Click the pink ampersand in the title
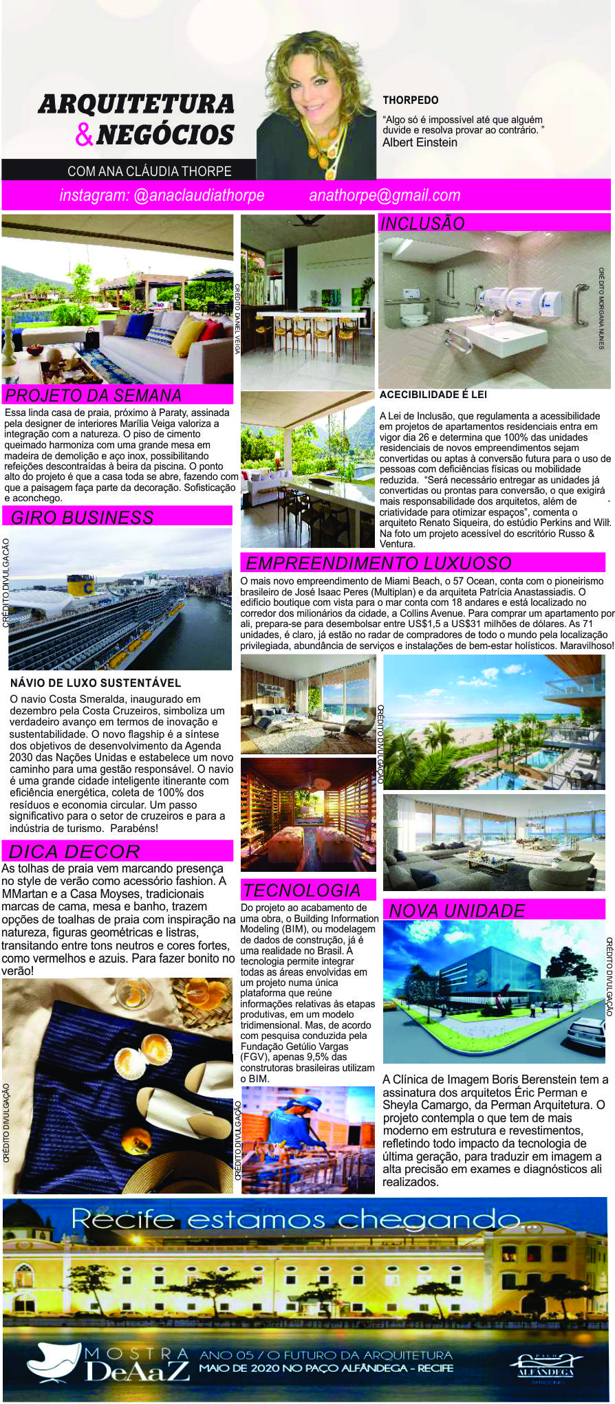(84, 135)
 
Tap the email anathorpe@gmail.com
(385, 195)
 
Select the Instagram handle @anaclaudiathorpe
(162, 195)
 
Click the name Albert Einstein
(420, 142)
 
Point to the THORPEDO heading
(411, 100)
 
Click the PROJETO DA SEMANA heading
(94, 395)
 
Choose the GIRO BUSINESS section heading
(83, 517)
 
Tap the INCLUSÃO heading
(422, 223)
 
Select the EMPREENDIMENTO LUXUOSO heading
(378, 563)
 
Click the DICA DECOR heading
(74, 851)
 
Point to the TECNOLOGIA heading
(301, 890)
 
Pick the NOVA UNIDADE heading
(457, 910)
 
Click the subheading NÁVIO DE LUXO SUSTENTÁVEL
(96, 683)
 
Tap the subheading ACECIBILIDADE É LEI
(433, 395)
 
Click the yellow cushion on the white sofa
(187, 336)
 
